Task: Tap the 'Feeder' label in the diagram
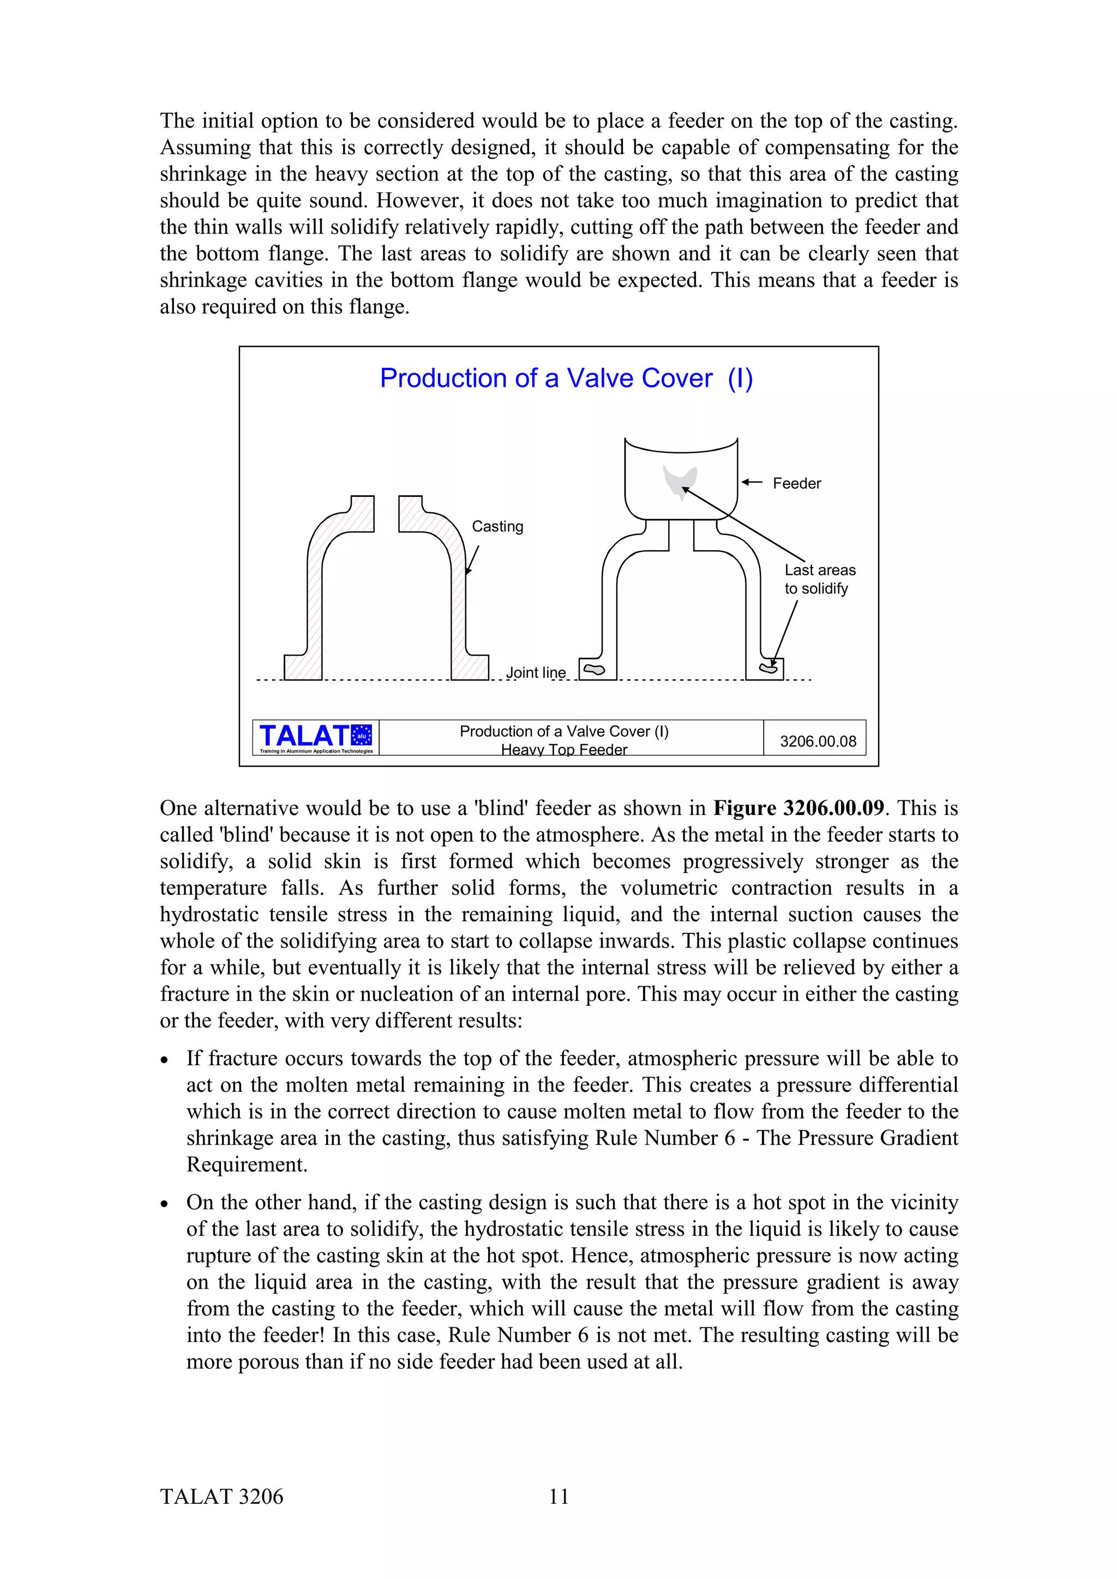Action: [x=796, y=483]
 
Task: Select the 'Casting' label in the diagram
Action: [x=497, y=526]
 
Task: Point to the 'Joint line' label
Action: [x=536, y=672]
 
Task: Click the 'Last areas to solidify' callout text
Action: [x=819, y=579]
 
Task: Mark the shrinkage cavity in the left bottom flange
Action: [x=594, y=669]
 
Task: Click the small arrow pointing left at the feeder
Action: [x=752, y=483]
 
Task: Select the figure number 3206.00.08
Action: [x=818, y=742]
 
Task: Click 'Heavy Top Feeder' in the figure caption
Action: [x=563, y=750]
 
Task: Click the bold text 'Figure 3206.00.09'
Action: [x=798, y=808]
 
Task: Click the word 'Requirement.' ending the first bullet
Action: [x=247, y=1164]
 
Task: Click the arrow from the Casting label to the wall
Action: [x=472, y=560]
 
